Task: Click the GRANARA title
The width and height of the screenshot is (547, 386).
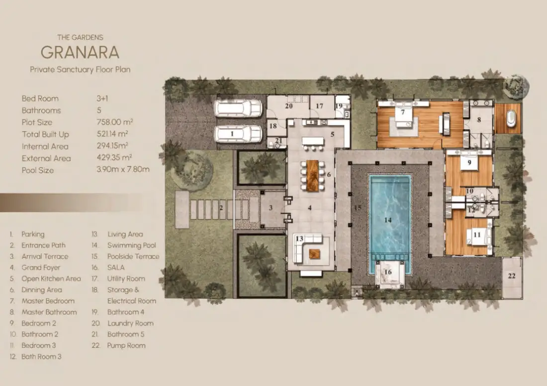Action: pos(80,52)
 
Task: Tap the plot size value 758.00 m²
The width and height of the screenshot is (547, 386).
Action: pos(115,122)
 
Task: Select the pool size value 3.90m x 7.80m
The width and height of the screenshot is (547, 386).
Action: pos(123,169)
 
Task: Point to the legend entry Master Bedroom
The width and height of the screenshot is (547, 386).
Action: pos(48,301)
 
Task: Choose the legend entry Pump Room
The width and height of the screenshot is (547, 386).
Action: pos(126,346)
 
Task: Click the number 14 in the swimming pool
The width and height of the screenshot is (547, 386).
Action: pos(388,220)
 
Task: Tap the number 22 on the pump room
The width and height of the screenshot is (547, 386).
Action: pos(511,276)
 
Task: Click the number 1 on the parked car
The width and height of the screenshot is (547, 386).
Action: pos(232,134)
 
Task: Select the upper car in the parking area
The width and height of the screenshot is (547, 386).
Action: pos(238,108)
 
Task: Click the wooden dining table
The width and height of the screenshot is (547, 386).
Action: pos(313,175)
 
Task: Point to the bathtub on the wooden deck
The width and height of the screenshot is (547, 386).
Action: pos(510,118)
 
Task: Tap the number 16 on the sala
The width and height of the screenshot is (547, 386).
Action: pos(388,272)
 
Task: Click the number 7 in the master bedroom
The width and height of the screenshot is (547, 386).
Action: pos(403,112)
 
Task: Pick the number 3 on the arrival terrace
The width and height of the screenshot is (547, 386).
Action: pos(271,208)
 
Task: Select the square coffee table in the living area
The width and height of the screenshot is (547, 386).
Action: pos(315,254)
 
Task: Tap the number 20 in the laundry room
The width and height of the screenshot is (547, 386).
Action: pos(289,105)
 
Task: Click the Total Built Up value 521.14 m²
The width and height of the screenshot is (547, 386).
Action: pos(112,134)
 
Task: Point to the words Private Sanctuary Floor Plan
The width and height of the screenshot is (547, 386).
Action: pos(80,70)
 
